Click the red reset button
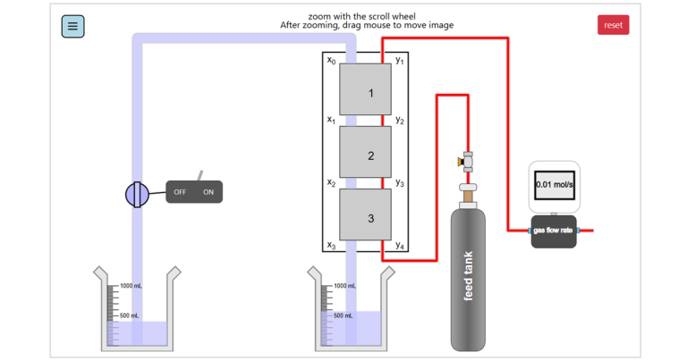click(x=613, y=25)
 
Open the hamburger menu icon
click(x=72, y=26)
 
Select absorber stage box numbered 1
click(x=365, y=89)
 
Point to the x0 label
click(x=331, y=60)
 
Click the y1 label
click(x=400, y=60)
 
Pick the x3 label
click(x=331, y=245)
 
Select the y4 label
click(x=400, y=245)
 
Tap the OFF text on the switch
click(x=180, y=192)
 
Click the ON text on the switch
click(x=208, y=192)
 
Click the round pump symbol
click(x=137, y=193)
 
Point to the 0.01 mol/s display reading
click(x=554, y=185)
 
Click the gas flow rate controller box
click(x=553, y=231)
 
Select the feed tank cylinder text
click(x=469, y=277)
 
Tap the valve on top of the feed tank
click(x=467, y=162)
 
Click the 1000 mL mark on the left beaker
click(x=130, y=286)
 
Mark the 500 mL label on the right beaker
click(x=343, y=315)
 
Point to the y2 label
click(x=400, y=121)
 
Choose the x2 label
click(x=331, y=183)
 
